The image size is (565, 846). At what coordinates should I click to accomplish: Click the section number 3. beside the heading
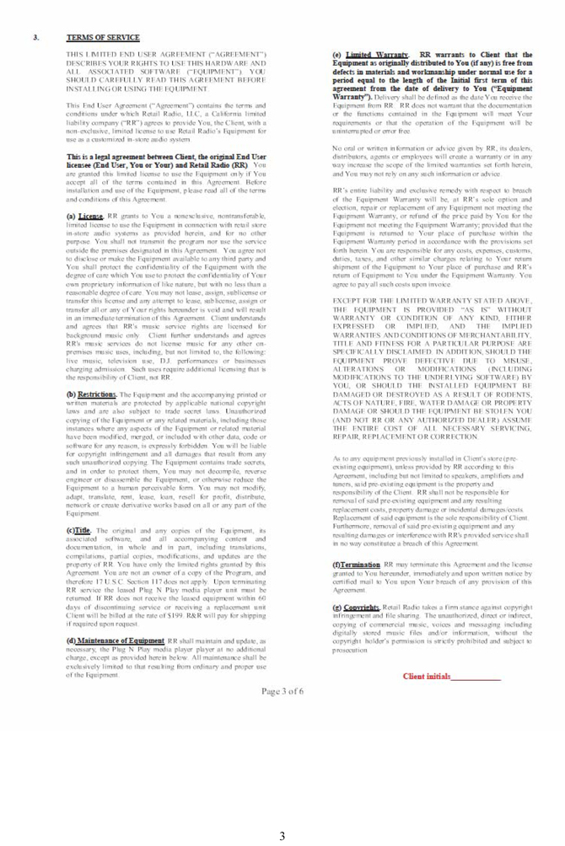point(35,38)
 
